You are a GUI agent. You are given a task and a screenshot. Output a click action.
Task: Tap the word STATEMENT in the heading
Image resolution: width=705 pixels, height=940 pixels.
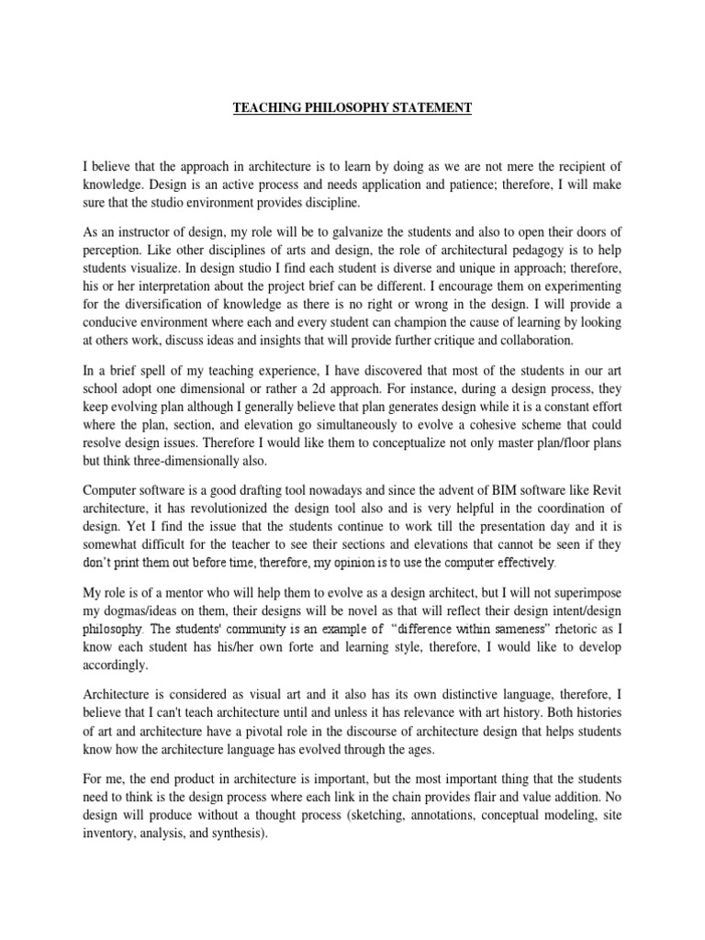[x=428, y=108]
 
